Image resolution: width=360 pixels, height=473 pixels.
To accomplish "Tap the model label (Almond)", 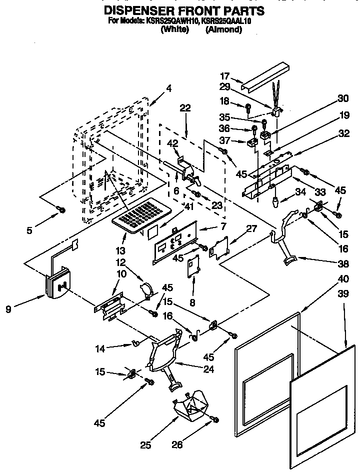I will [x=223, y=30].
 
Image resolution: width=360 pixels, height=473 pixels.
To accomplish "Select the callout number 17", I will [x=224, y=76].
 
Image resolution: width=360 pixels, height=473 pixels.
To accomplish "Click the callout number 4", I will [x=169, y=88].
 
